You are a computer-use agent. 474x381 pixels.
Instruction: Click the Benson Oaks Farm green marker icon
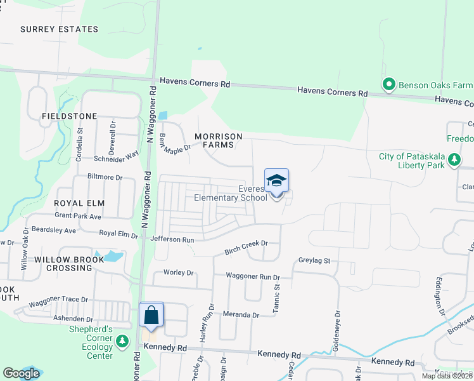[x=388, y=84]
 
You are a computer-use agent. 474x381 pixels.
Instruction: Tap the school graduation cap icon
[x=276, y=181]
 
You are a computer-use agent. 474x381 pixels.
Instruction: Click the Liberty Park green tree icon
[x=454, y=161]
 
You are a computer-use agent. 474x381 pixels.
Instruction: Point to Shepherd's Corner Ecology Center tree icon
[x=123, y=342]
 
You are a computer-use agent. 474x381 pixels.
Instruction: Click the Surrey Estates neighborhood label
[x=60, y=29]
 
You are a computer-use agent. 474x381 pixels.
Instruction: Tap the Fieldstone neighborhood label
[x=70, y=116]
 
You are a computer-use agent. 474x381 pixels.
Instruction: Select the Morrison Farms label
[x=219, y=140]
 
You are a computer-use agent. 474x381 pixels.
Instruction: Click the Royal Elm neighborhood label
[x=79, y=203]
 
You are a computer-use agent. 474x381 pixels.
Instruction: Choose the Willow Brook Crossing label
[x=63, y=264]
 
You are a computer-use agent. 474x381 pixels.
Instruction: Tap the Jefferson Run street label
[x=172, y=239]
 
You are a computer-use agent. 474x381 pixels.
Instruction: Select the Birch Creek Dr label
[x=247, y=248]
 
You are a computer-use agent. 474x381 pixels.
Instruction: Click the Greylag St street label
[x=315, y=260]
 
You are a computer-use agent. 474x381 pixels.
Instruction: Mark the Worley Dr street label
[x=178, y=273]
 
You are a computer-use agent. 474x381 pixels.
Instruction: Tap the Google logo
[x=21, y=373]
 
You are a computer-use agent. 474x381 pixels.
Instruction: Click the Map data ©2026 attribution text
[x=447, y=376]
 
